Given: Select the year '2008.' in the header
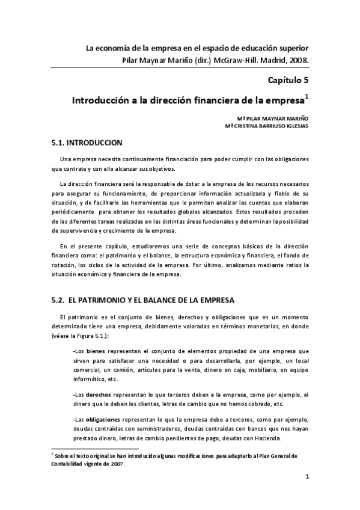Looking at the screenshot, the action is point(297,60).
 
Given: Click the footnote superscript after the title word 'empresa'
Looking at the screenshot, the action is point(307,94).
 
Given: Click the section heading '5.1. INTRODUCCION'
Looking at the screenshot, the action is point(88,143).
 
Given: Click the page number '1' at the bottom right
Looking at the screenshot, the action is point(307,478).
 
